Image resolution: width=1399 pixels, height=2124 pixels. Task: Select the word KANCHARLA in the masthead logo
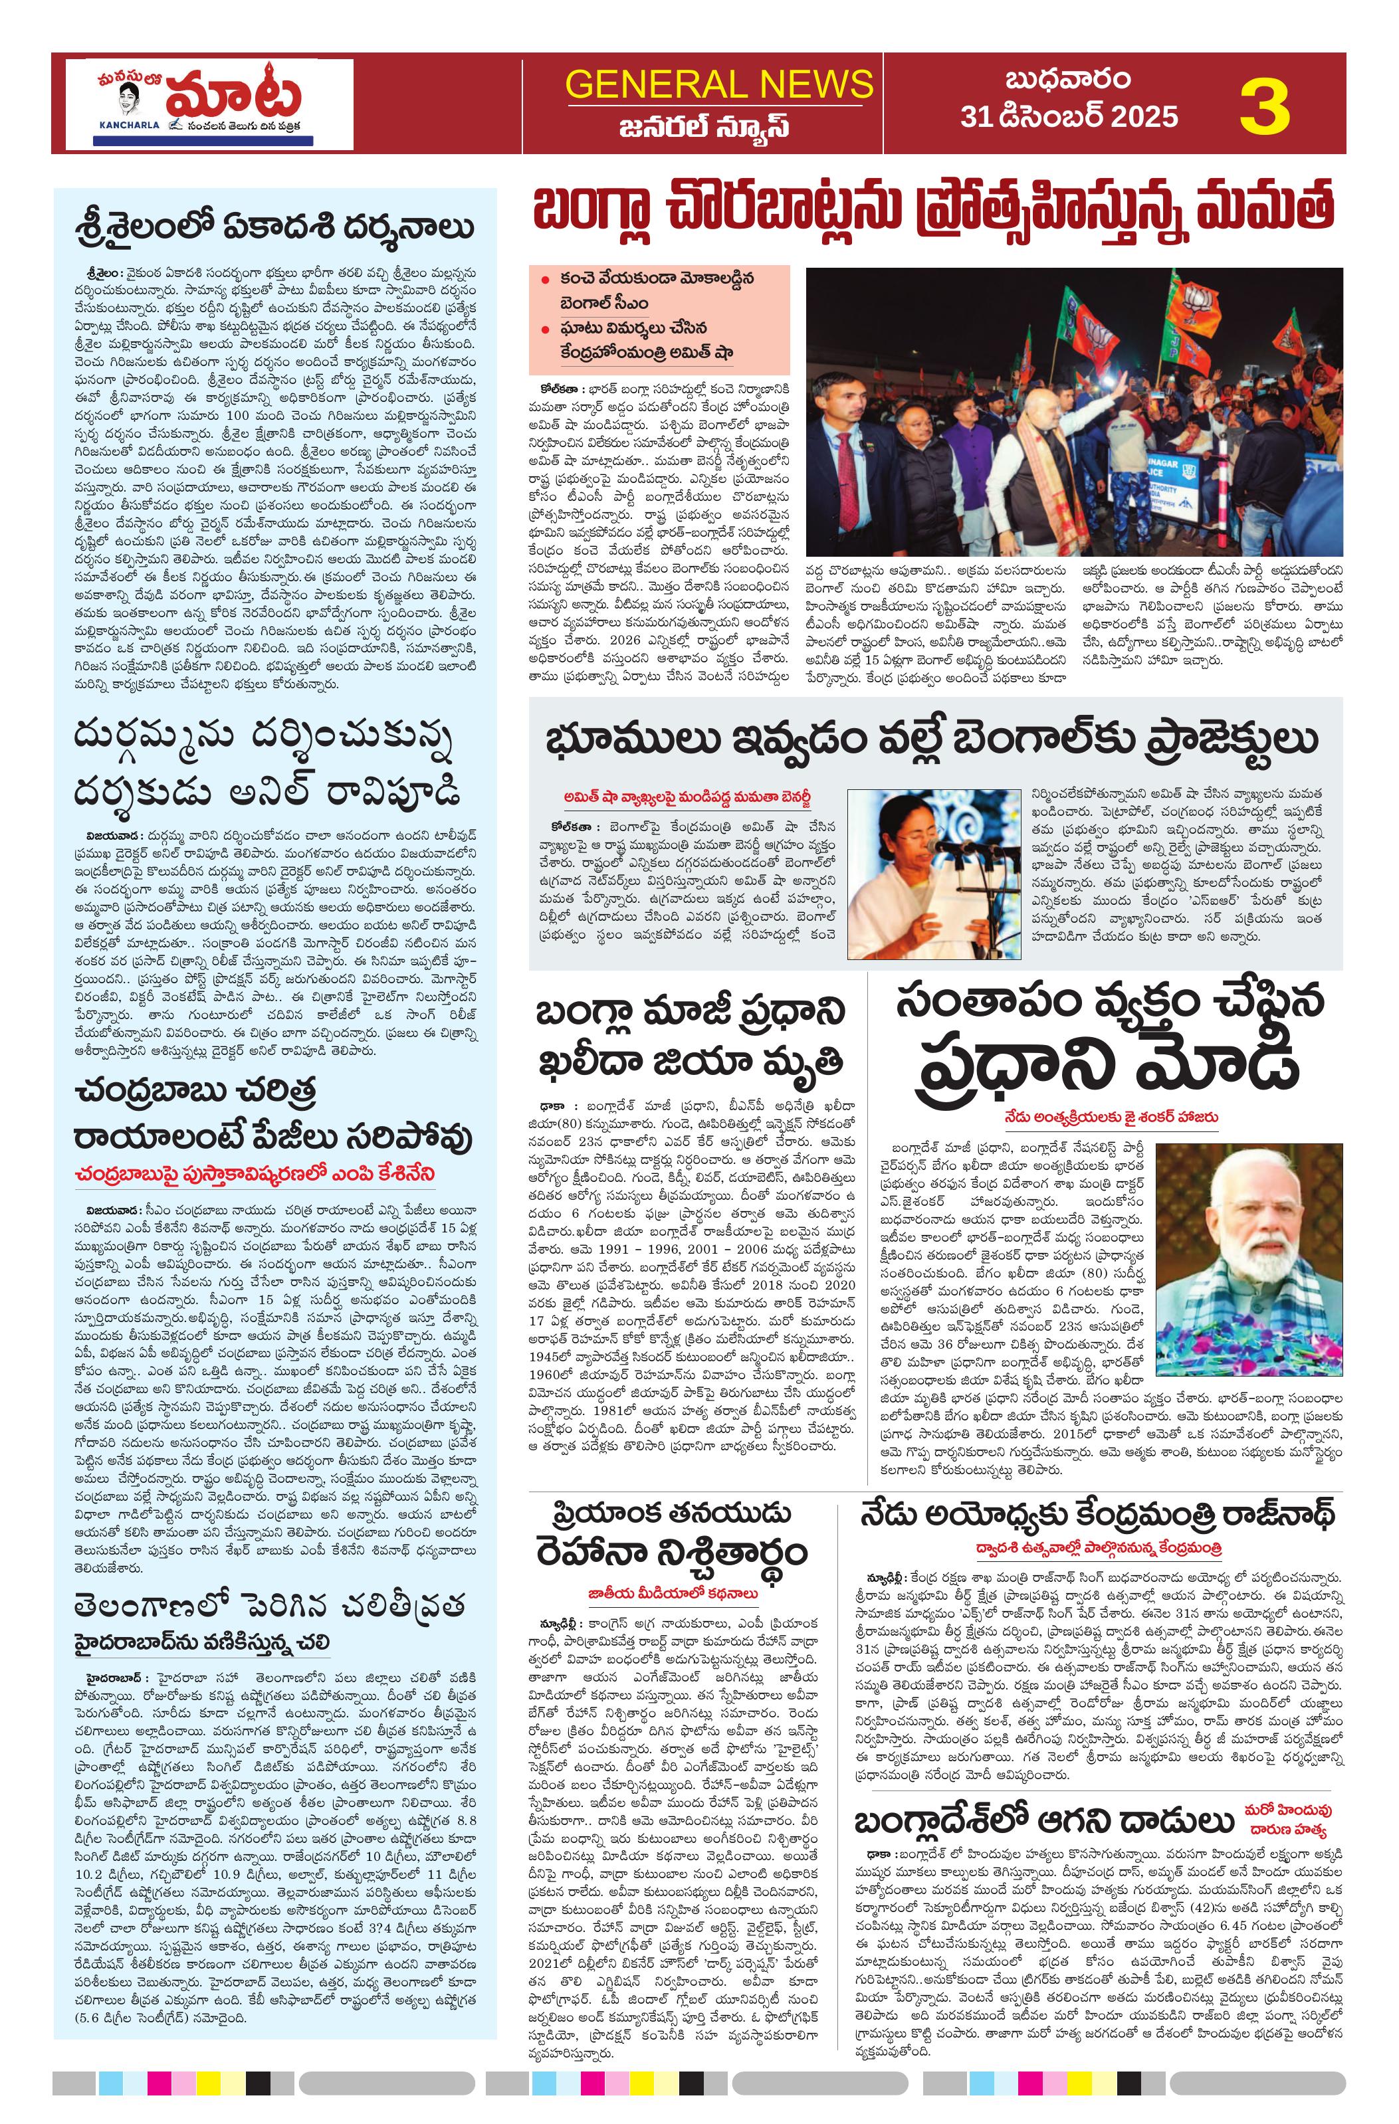point(128,125)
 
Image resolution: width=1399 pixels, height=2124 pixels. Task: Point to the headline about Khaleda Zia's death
point(689,1038)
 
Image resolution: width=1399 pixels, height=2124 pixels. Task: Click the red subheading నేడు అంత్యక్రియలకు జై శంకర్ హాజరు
point(1111,1116)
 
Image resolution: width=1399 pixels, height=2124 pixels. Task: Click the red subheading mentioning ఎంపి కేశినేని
point(255,1173)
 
